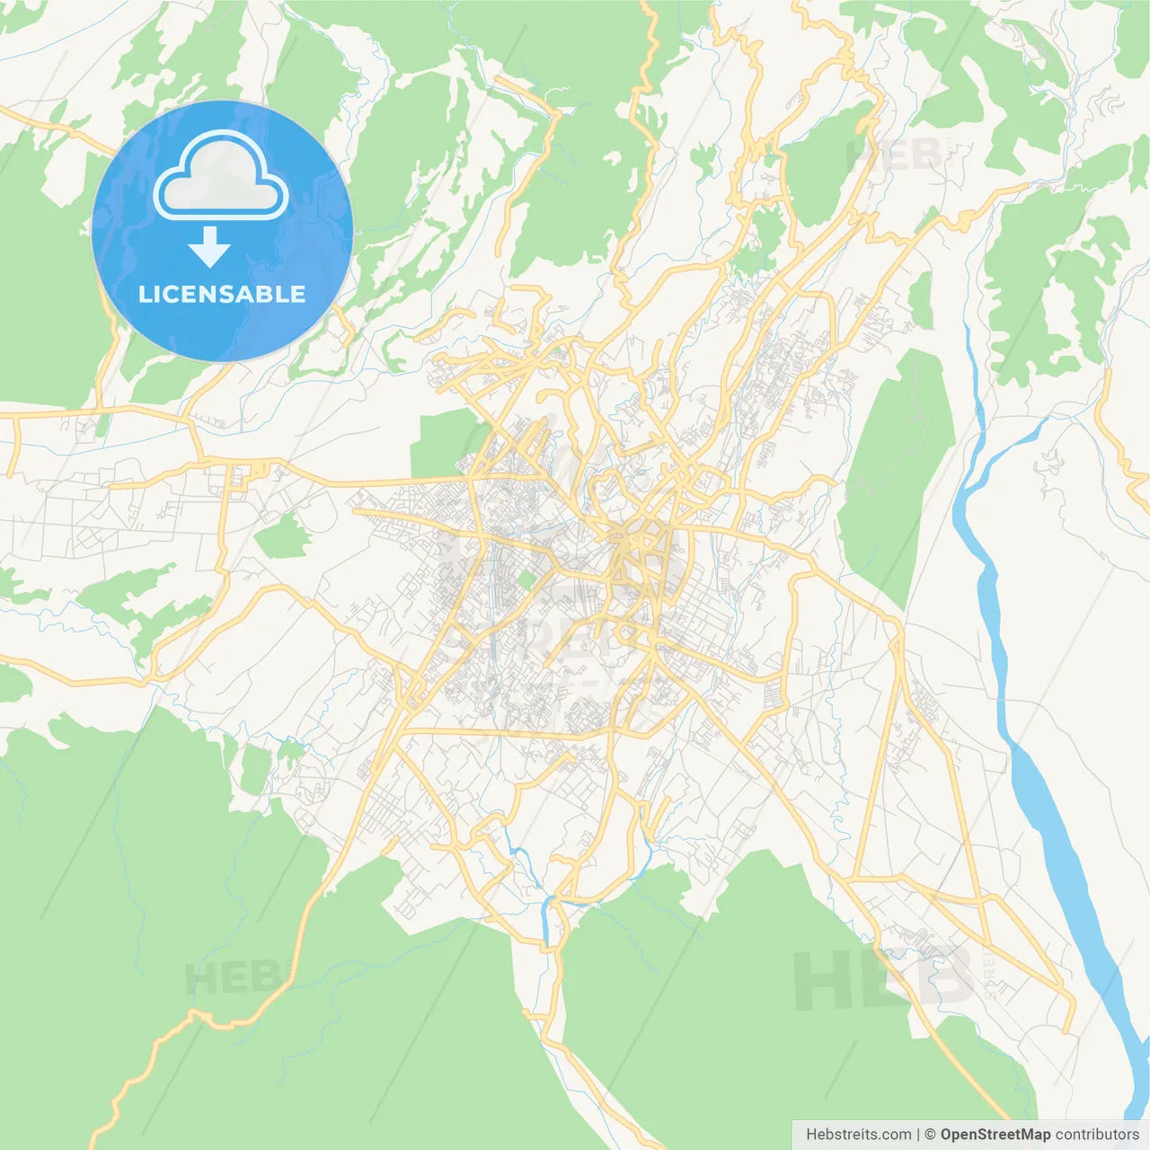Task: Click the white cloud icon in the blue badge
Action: click(221, 176)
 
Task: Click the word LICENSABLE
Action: click(222, 294)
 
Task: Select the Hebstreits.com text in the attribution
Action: click(858, 1135)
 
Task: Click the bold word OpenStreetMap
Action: click(995, 1135)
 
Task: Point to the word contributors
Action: click(1097, 1135)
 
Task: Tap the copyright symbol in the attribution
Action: click(930, 1135)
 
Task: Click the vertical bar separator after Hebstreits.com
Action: click(917, 1135)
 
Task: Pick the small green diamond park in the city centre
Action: click(526, 579)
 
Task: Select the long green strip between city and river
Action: click(898, 467)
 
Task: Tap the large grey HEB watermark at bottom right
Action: click(884, 979)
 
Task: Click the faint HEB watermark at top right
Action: click(894, 155)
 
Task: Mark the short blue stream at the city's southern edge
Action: click(545, 916)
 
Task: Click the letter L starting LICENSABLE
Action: click(145, 294)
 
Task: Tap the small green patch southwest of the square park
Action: click(282, 538)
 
